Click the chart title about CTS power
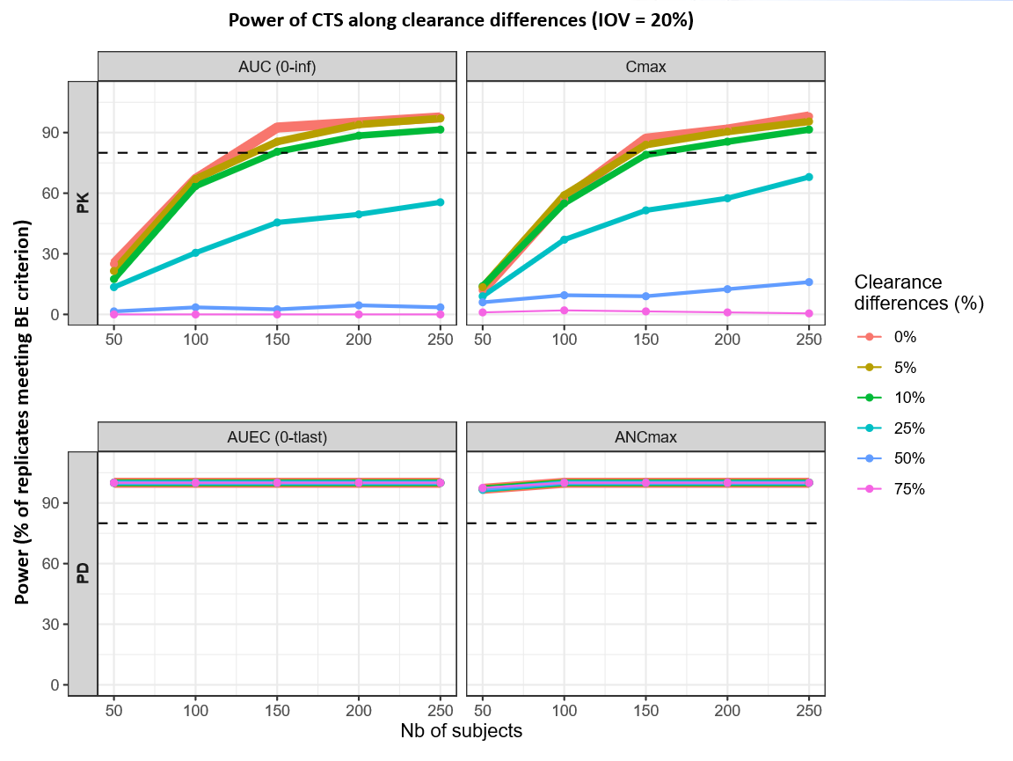461,20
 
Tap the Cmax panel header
645,66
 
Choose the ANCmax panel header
645,436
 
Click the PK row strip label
83,203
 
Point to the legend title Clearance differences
918,293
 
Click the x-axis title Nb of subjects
461,731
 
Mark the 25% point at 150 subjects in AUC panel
277,223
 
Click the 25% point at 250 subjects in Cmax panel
809,177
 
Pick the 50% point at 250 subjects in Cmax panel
809,282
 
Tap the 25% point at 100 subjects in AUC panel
195,252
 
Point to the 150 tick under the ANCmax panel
645,709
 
